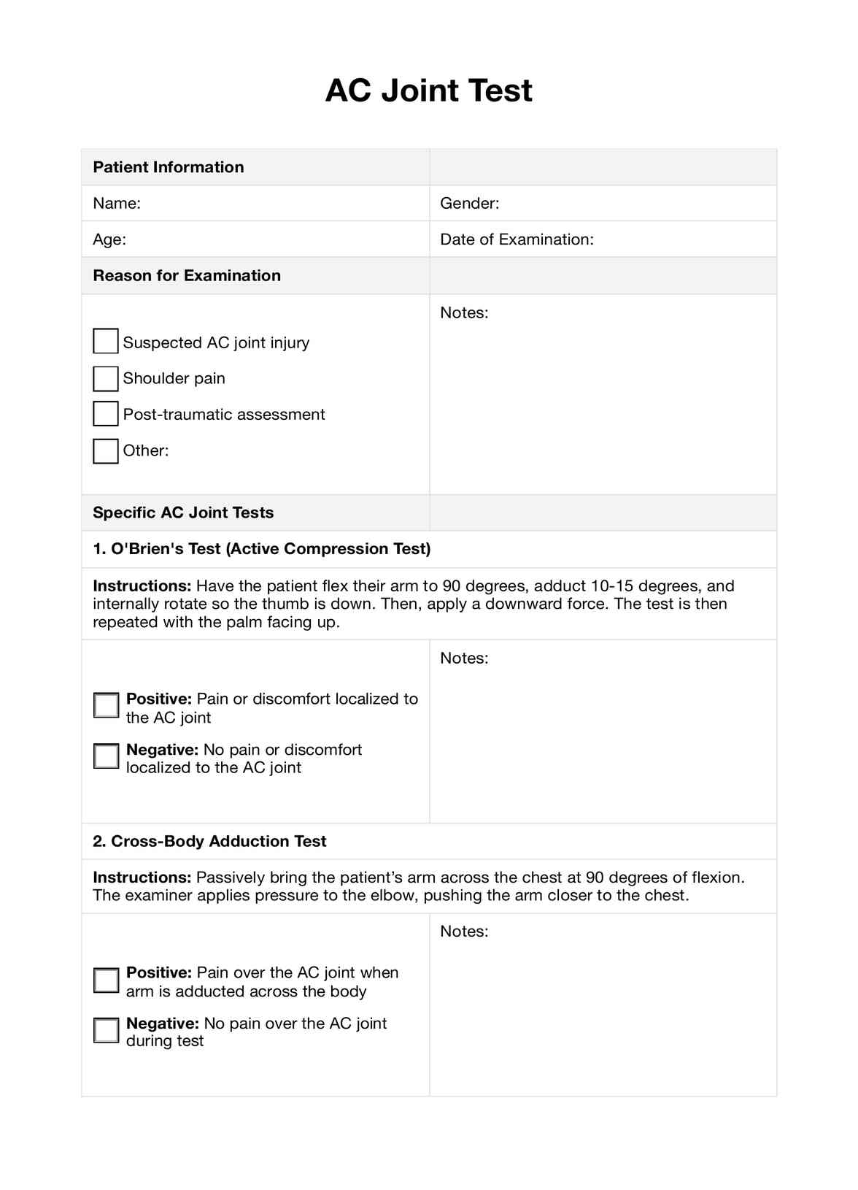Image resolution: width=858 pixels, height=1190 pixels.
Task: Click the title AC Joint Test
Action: point(428,91)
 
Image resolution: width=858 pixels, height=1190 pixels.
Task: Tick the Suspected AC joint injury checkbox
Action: point(106,341)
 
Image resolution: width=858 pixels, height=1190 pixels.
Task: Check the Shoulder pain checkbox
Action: point(106,378)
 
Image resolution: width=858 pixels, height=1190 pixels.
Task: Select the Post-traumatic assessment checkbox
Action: point(106,414)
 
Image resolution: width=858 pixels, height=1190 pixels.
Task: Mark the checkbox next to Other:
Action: point(106,450)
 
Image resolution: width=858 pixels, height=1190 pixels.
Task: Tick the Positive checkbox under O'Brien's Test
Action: point(107,705)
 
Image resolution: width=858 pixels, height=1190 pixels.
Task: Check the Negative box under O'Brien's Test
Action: point(107,756)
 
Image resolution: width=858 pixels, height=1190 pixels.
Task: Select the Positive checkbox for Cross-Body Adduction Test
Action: point(107,980)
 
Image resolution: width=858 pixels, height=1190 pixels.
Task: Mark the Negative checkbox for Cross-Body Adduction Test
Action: point(107,1030)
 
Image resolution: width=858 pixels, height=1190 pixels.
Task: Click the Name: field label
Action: point(117,204)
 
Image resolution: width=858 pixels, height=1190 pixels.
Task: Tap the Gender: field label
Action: point(469,204)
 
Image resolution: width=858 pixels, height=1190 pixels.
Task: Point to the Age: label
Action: point(109,239)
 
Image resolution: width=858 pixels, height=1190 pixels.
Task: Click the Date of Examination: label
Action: point(517,239)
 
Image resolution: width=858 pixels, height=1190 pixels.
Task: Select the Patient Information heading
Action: point(169,167)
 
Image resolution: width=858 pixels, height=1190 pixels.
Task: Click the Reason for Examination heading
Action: point(187,276)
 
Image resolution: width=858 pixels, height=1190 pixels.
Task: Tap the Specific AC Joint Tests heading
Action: point(183,513)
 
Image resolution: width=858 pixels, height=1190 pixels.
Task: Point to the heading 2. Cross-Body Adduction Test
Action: point(209,841)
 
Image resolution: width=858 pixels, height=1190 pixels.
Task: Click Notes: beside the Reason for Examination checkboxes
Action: point(464,313)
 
